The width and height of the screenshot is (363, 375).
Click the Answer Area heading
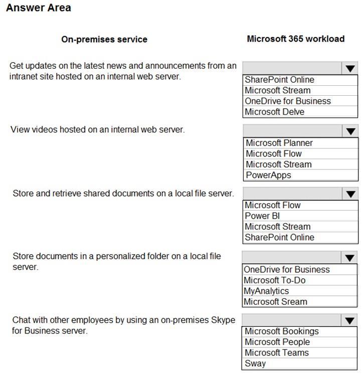tap(39, 8)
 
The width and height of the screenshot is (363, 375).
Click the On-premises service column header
tap(104, 39)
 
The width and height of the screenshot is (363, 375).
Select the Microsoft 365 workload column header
tap(295, 39)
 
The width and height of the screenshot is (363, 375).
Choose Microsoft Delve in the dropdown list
tap(274, 112)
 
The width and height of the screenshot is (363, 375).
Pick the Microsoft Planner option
tap(279, 143)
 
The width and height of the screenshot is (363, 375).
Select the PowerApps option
tap(268, 175)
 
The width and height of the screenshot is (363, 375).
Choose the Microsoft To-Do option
tap(274, 280)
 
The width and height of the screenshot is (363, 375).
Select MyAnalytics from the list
tap(266, 291)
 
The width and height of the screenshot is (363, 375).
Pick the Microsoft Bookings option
tap(281, 331)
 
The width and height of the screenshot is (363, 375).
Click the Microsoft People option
tap(277, 342)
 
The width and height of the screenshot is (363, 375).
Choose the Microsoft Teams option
tap(277, 352)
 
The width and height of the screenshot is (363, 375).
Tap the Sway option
tap(255, 363)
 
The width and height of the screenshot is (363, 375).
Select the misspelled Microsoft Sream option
tap(275, 301)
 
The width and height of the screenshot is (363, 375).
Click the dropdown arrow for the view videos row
tap(350, 131)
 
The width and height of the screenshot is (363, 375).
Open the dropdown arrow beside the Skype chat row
tap(350, 320)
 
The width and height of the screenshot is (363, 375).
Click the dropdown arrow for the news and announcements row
tap(350, 68)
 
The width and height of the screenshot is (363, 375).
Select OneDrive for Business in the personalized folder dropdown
tap(286, 270)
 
